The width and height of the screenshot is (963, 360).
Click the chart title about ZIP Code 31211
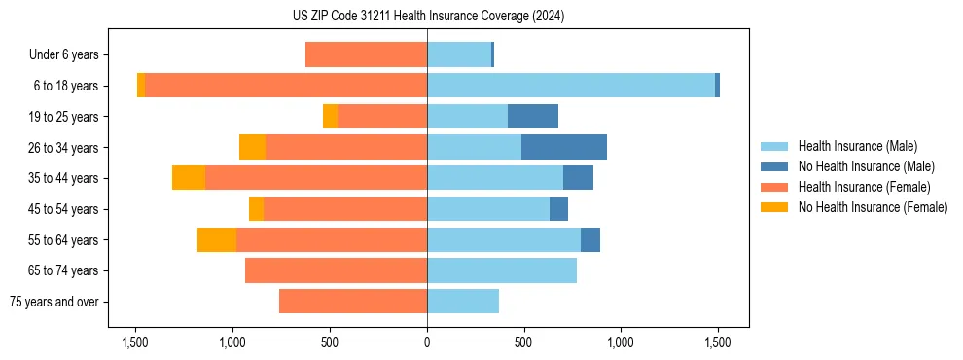(x=427, y=17)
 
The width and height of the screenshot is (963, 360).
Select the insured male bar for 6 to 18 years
(x=571, y=86)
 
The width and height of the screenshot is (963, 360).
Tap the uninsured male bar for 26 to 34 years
(x=564, y=147)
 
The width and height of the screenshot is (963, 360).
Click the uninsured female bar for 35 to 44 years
(x=189, y=178)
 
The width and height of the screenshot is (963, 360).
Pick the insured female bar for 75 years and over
(x=353, y=302)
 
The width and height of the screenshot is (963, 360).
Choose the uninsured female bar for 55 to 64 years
(x=217, y=239)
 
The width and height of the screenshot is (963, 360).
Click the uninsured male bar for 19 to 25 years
(x=533, y=117)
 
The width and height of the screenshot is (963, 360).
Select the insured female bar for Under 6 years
(x=366, y=54)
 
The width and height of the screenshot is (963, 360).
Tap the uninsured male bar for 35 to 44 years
(x=578, y=178)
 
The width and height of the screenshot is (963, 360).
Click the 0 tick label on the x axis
(x=427, y=342)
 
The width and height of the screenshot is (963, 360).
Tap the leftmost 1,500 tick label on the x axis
(x=135, y=342)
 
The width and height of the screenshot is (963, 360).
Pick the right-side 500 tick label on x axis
(x=523, y=342)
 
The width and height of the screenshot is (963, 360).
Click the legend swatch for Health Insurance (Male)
(x=774, y=146)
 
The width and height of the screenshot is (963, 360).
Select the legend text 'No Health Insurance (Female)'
(x=873, y=207)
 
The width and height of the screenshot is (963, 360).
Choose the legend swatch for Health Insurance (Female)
(x=774, y=187)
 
